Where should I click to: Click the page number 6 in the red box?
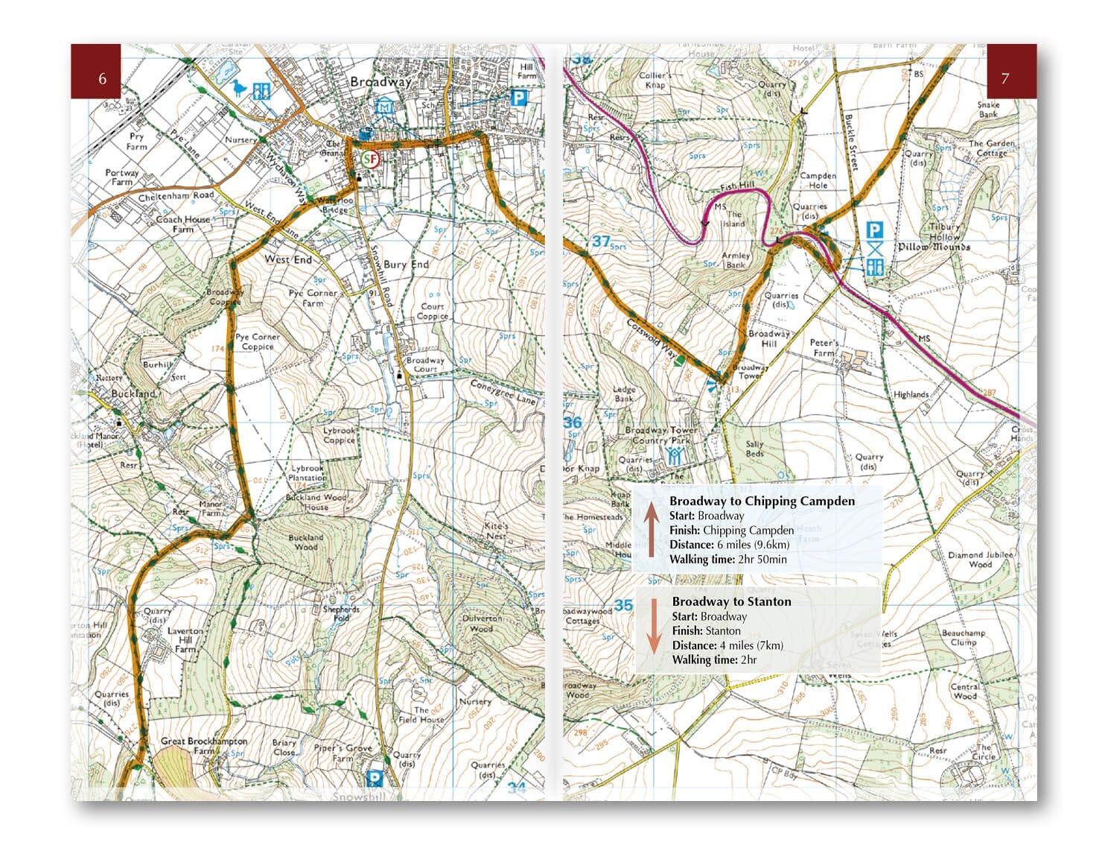[102, 78]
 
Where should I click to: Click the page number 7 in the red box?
[1004, 78]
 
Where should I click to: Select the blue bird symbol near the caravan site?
[238, 89]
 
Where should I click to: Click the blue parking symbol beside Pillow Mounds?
[875, 230]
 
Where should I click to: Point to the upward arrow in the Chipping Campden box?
[651, 530]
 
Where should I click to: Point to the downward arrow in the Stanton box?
[653, 626]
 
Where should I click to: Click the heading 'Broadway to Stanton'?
[731, 601]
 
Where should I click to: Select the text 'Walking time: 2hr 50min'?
[727, 560]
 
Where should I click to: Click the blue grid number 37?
[601, 241]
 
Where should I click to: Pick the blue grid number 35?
[623, 605]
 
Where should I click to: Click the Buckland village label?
[133, 393]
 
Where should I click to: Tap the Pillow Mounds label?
[933, 247]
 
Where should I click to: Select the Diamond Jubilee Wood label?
[980, 560]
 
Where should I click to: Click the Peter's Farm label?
[824, 347]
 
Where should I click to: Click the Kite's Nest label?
[497, 531]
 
